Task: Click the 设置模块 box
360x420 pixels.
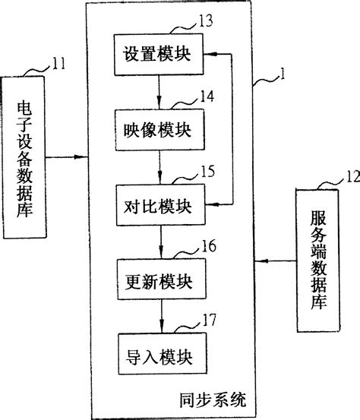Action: coord(158,55)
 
